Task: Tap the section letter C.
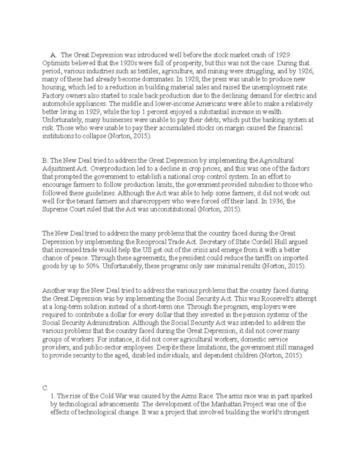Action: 45,388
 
